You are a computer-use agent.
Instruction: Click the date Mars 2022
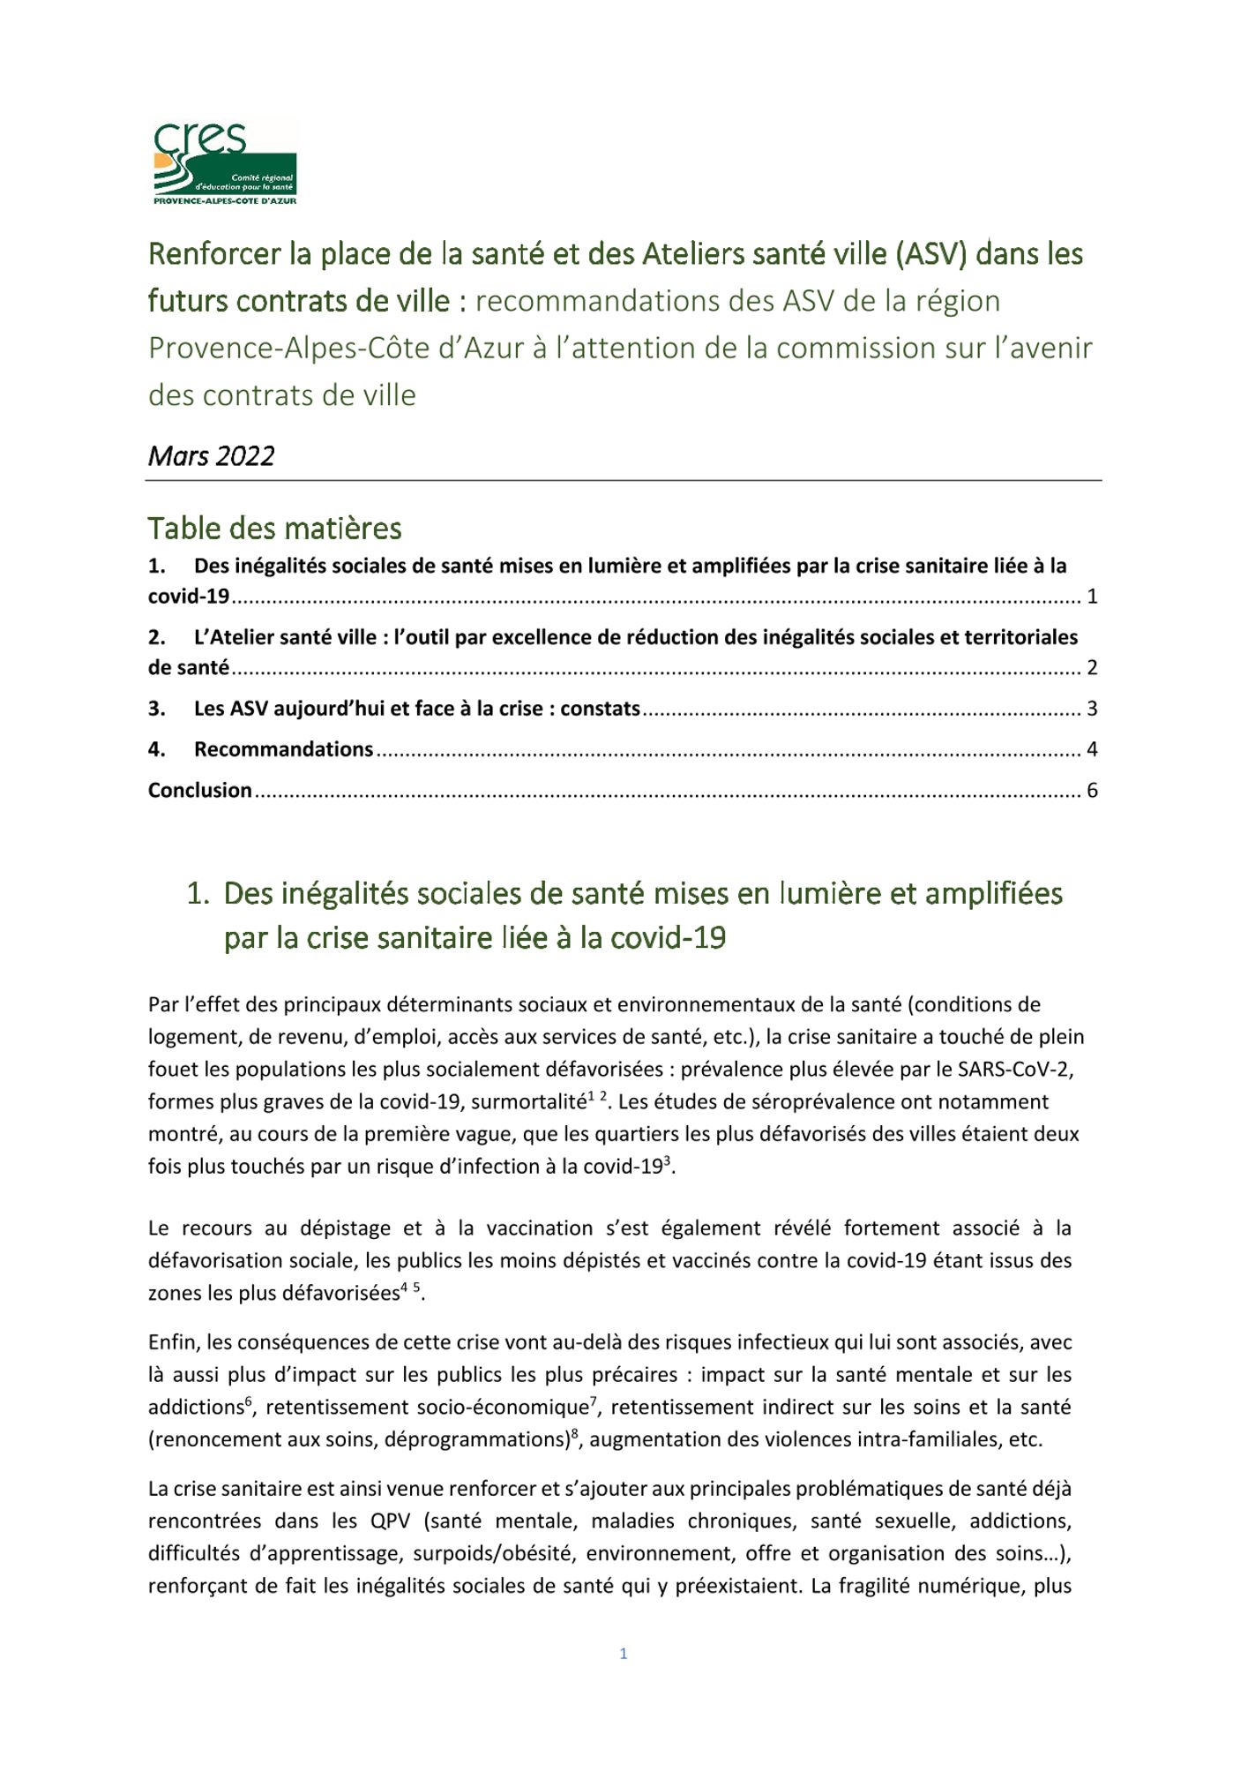pyautogui.click(x=212, y=456)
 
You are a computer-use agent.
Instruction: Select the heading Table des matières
pyautogui.click(x=274, y=529)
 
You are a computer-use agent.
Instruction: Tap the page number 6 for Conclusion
pyautogui.click(x=1092, y=791)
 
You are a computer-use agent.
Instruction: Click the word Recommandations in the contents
pyautogui.click(x=283, y=749)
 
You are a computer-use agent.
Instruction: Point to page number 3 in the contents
pyautogui.click(x=1092, y=709)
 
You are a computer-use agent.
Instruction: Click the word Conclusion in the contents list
pyautogui.click(x=200, y=791)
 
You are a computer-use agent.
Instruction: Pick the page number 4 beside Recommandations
pyautogui.click(x=1092, y=749)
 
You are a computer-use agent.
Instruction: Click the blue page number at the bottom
pyautogui.click(x=624, y=1654)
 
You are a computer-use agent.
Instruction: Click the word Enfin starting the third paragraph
pyautogui.click(x=172, y=1342)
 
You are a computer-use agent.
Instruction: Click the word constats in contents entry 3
pyautogui.click(x=600, y=709)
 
